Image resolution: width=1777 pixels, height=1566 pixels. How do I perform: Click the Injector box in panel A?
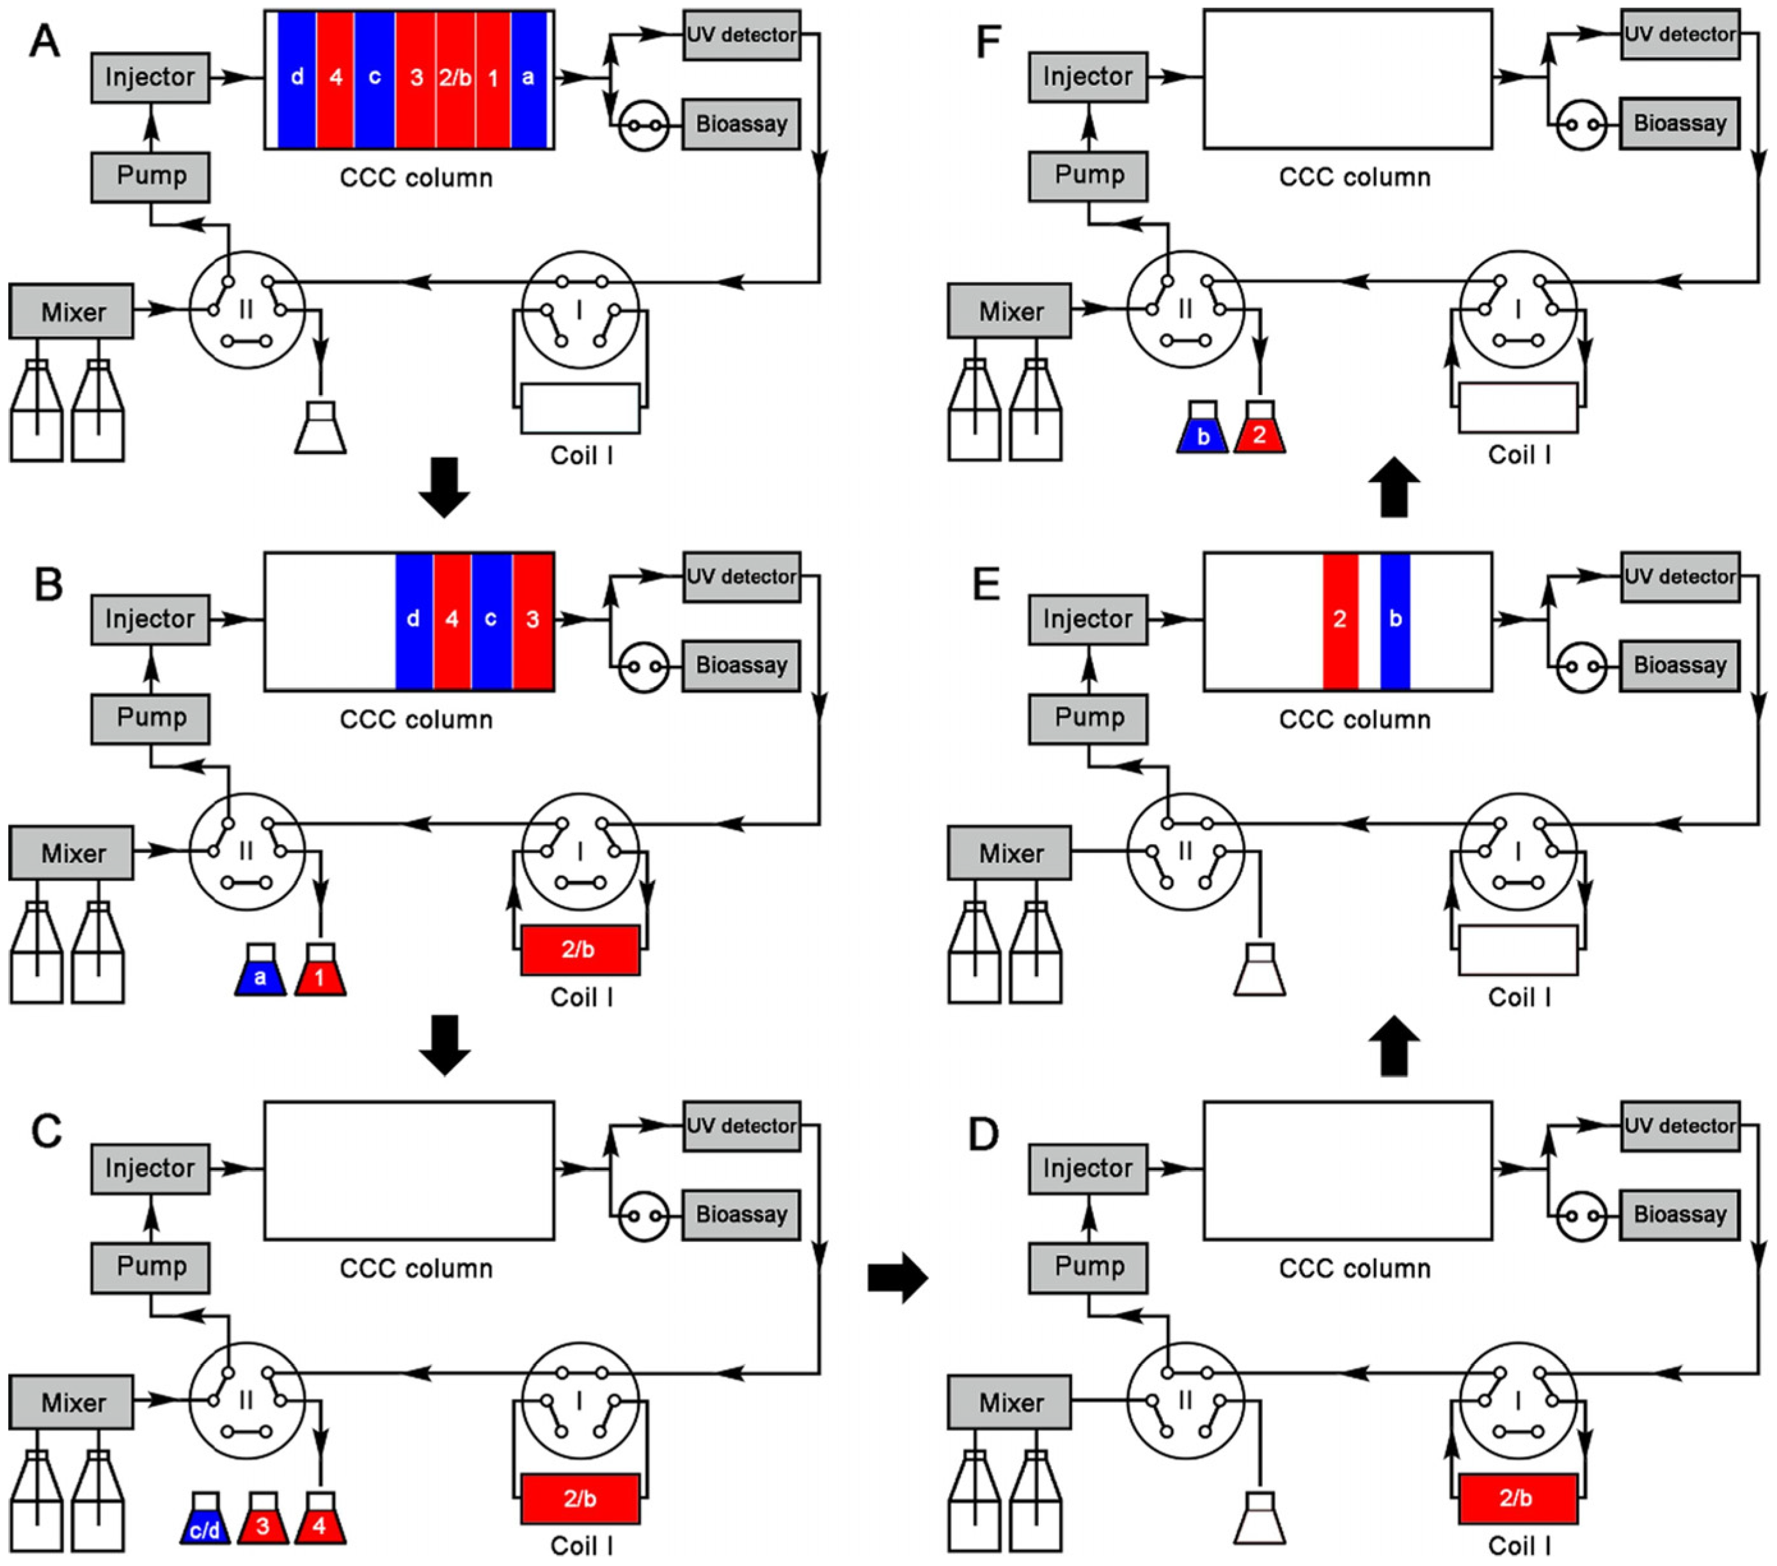[150, 77]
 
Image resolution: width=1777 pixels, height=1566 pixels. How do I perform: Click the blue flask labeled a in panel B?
[260, 970]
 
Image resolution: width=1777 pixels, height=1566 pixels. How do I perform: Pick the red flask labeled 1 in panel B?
[320, 970]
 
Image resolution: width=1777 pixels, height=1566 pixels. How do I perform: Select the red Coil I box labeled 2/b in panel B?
[580, 950]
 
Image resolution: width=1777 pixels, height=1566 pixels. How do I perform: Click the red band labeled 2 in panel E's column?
[1339, 620]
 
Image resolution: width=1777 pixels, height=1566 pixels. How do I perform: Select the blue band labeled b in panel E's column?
[1394, 620]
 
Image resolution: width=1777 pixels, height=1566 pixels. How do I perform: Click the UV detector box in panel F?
[1680, 35]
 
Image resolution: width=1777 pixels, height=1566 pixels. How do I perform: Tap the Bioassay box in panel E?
[1680, 666]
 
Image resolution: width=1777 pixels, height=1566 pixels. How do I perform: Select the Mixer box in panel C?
[72, 1402]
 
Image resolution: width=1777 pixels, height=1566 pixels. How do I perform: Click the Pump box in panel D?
[1089, 1266]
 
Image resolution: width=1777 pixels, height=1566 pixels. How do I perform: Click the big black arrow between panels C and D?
[898, 1278]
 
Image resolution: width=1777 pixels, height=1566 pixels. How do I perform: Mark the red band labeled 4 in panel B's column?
[452, 620]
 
